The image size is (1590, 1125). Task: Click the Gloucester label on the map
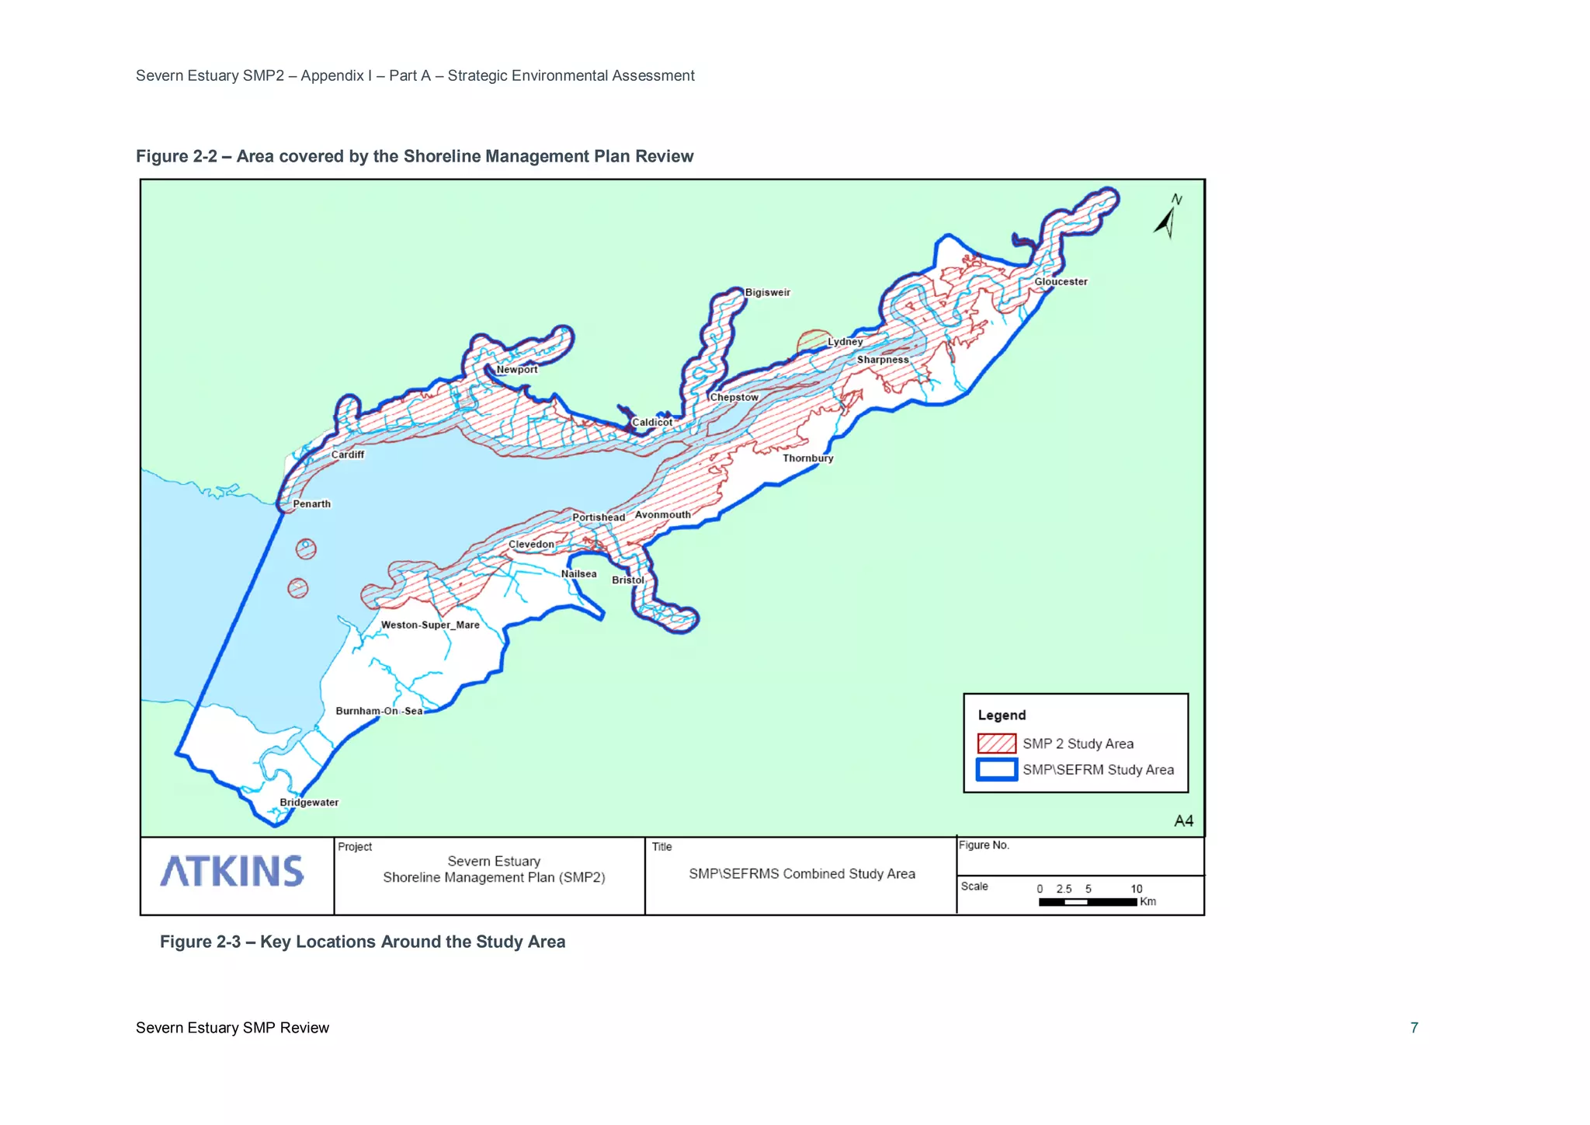pos(1061,282)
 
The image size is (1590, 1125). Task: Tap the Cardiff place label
pos(347,455)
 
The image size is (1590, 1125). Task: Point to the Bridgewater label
pos(309,803)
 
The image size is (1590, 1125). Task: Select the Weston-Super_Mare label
pos(430,625)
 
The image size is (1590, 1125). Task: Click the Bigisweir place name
pos(767,293)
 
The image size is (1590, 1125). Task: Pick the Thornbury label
pos(807,458)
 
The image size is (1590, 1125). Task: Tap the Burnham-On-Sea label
pos(379,711)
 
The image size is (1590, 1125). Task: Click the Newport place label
pos(517,370)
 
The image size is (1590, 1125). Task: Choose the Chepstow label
pos(734,397)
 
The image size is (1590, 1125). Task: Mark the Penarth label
pos(311,504)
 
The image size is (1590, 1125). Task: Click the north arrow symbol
pos(1168,217)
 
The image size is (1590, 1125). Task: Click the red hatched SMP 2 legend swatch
pos(996,744)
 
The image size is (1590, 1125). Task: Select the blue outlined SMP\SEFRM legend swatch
pos(996,769)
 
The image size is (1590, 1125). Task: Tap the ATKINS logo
pos(232,872)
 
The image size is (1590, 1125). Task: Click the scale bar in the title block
pos(1088,902)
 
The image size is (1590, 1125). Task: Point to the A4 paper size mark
pos(1183,821)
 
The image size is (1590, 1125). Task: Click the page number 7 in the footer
pos(1414,1028)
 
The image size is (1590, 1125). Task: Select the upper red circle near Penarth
pos(306,549)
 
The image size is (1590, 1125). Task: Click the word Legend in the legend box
pos(1002,716)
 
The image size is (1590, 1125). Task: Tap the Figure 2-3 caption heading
pos(363,942)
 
